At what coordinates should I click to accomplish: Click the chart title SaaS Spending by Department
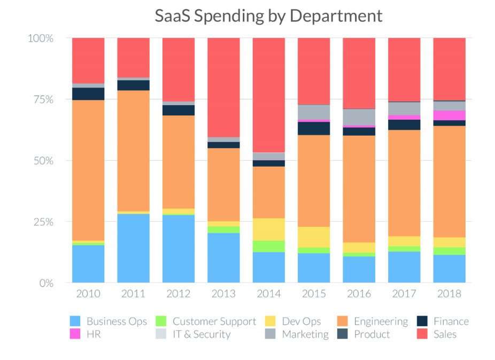coord(268,15)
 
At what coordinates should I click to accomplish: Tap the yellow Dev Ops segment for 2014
coord(269,229)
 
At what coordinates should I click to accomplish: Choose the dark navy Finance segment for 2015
coord(314,128)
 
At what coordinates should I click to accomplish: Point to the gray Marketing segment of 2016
coord(359,117)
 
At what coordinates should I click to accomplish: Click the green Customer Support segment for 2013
coord(224,229)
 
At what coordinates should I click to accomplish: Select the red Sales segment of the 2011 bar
coord(134,58)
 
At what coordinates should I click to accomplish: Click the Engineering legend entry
coord(373,321)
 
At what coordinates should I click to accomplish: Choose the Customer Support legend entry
coord(206,321)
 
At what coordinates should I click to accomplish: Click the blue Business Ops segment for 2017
coord(404,267)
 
